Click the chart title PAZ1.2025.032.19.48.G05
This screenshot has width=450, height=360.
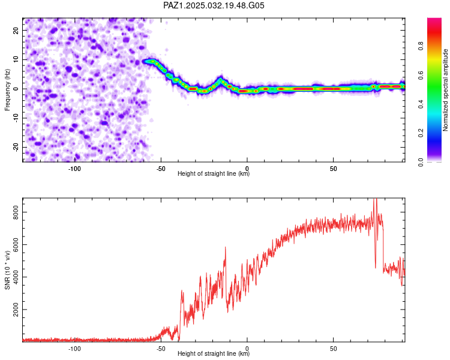pyautogui.click(x=214, y=5)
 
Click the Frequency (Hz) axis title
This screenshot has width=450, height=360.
pyautogui.click(x=7, y=90)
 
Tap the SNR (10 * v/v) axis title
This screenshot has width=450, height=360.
pyautogui.click(x=7, y=270)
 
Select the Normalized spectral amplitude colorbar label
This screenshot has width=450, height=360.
pyautogui.click(x=445, y=90)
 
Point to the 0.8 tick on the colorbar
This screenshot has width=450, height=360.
pyautogui.click(x=421, y=46)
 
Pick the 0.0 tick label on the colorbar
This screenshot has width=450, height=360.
pyautogui.click(x=421, y=162)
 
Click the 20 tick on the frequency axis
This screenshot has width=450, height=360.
pyautogui.click(x=16, y=31)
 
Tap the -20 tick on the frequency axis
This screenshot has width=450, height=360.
pyautogui.click(x=16, y=147)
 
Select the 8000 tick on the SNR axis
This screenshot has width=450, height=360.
pyautogui.click(x=16, y=212)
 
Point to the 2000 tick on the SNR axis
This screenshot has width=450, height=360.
pyautogui.click(x=16, y=310)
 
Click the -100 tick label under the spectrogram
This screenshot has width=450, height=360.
pyautogui.click(x=74, y=169)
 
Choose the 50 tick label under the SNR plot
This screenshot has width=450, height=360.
pyautogui.click(x=333, y=349)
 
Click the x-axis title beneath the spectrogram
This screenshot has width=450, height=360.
pyautogui.click(x=214, y=173)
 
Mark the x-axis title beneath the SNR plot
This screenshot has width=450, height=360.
pyautogui.click(x=214, y=353)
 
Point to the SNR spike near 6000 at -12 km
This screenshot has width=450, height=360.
pyautogui.click(x=225, y=247)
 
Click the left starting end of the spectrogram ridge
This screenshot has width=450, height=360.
pyautogui.click(x=144, y=61)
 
